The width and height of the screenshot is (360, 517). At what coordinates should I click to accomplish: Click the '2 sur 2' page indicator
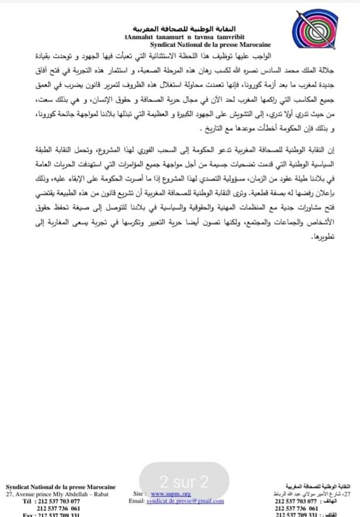tap(184, 482)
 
